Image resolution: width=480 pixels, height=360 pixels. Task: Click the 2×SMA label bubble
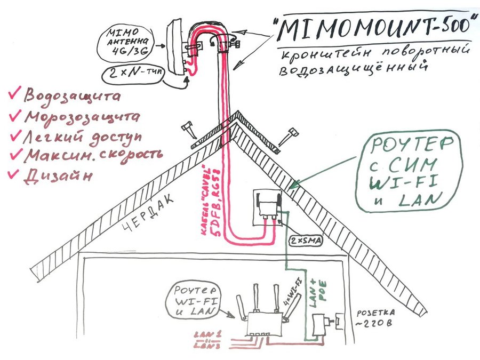pos(305,241)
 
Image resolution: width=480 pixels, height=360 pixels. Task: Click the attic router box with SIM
pos(270,207)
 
